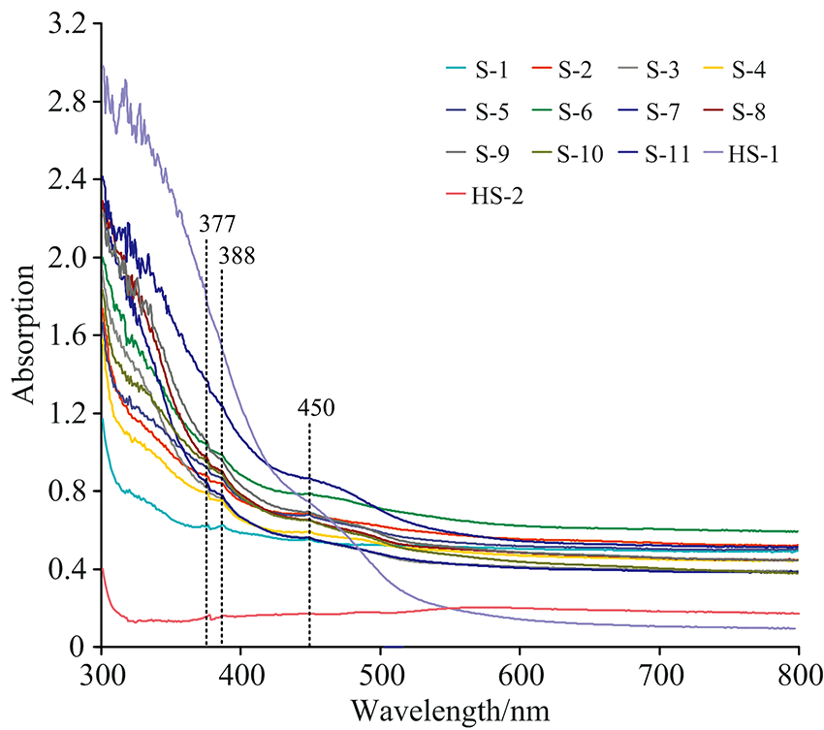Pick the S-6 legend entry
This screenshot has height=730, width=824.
(x=579, y=111)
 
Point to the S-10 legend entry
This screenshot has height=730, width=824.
(x=584, y=153)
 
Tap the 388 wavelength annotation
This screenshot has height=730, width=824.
(x=237, y=257)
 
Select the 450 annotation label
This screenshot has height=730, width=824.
(x=315, y=408)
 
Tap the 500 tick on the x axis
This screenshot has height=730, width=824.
(x=380, y=671)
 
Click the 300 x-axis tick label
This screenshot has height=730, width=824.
(x=102, y=671)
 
